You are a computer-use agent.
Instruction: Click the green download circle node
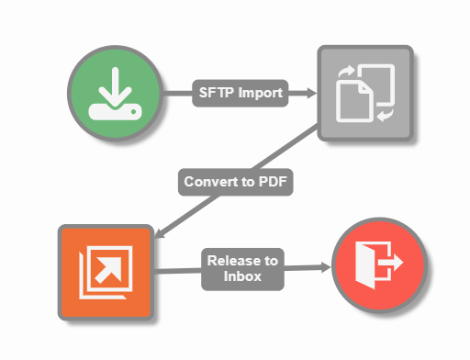point(116,93)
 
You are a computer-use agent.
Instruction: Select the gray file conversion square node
point(364,93)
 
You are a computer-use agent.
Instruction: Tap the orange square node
point(106,271)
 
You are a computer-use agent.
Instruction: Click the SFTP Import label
point(239,92)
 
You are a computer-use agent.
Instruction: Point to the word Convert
point(211,181)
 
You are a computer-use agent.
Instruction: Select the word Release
point(233,259)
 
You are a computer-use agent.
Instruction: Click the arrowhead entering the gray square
point(309,92)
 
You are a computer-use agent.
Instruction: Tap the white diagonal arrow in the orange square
point(110,267)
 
